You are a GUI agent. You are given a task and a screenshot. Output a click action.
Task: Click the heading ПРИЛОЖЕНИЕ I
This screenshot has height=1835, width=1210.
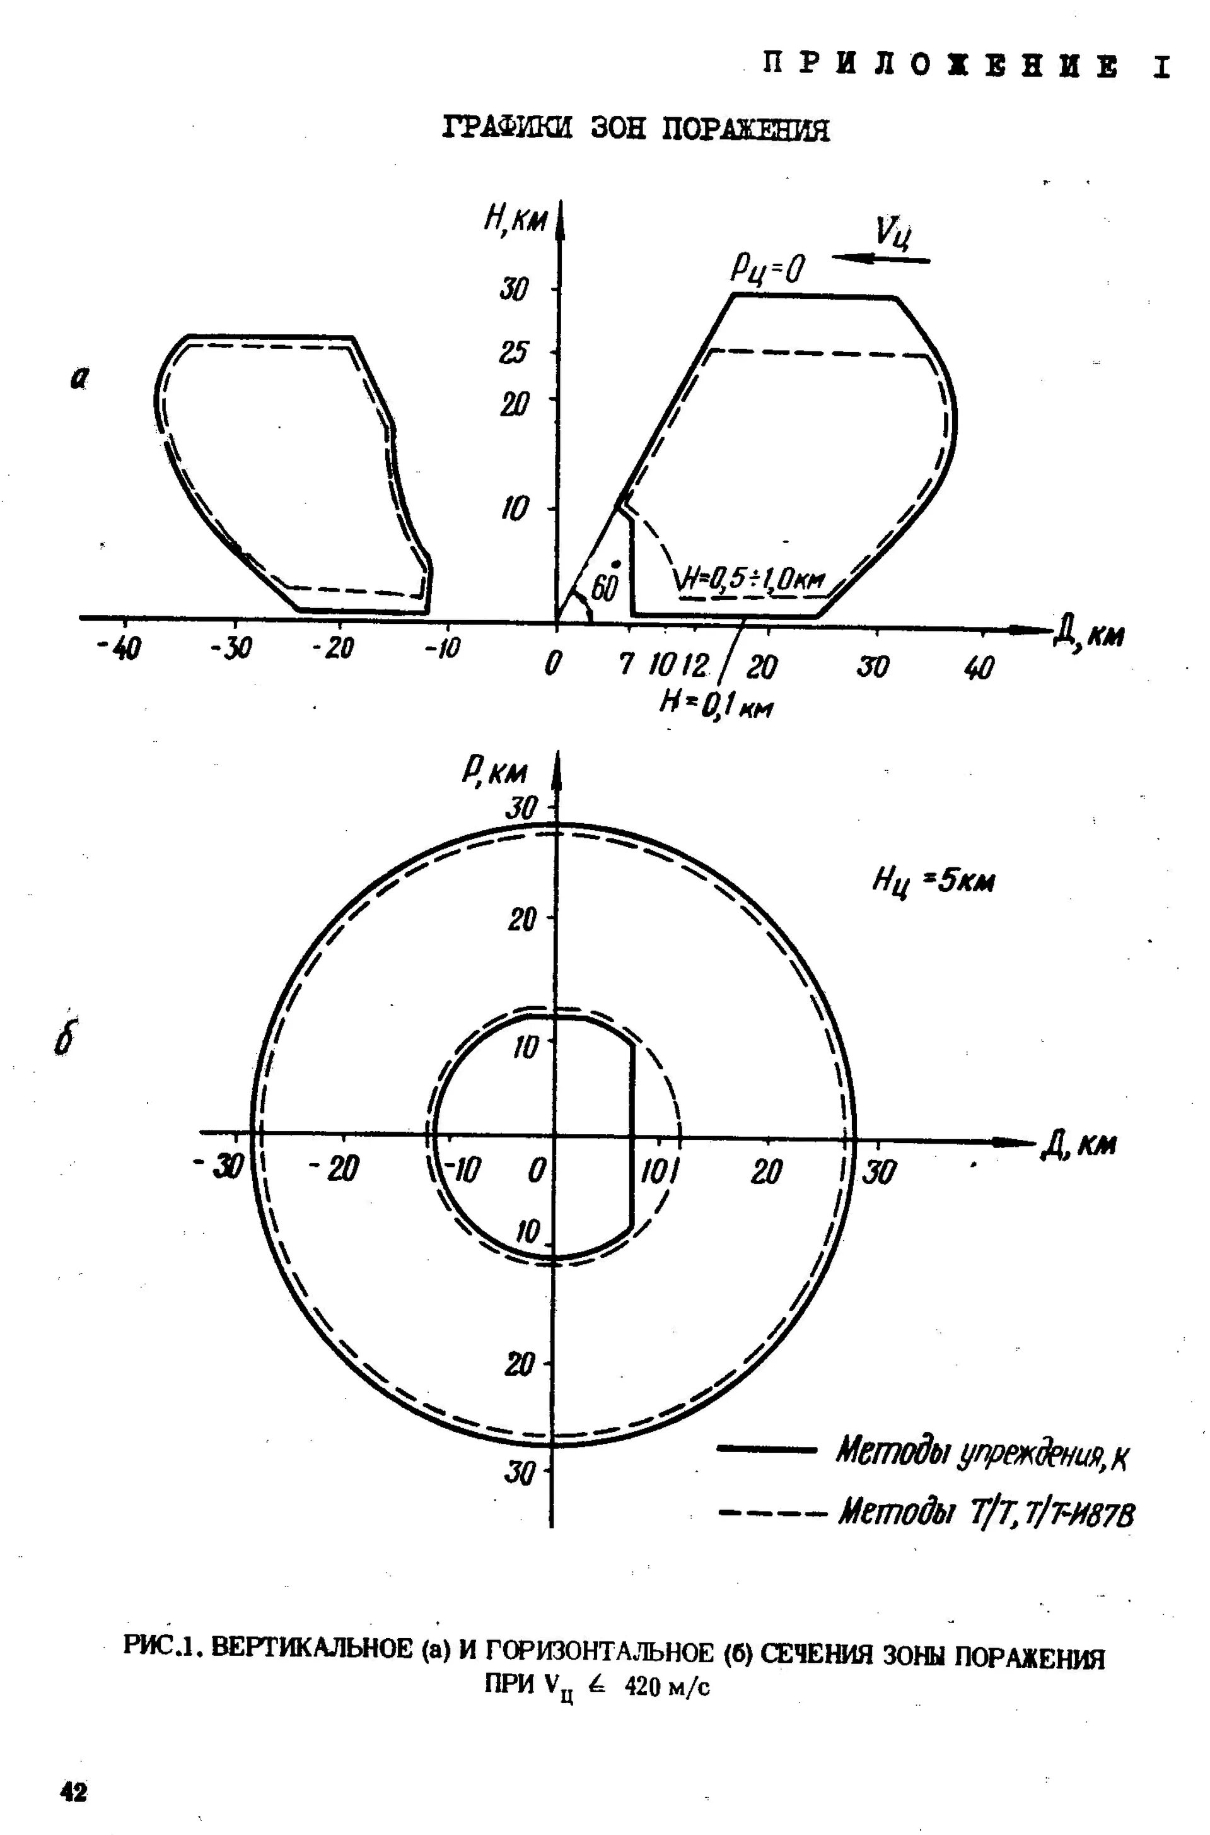tap(965, 65)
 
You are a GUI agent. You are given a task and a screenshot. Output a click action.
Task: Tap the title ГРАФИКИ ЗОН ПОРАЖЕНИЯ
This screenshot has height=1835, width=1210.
tap(637, 128)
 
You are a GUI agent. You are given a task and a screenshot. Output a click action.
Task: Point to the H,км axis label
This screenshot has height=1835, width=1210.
tap(515, 221)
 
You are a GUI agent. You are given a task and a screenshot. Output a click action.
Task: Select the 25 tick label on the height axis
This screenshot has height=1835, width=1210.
tap(514, 352)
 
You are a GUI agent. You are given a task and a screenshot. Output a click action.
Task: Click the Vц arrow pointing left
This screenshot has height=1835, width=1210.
tap(882, 260)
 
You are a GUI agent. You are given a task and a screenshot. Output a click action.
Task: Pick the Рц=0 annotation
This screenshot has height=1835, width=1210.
tap(767, 269)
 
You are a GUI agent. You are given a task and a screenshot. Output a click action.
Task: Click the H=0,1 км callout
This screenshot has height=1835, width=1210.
tap(716, 703)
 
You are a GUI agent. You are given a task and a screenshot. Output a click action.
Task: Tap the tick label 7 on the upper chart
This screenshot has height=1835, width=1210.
tap(627, 663)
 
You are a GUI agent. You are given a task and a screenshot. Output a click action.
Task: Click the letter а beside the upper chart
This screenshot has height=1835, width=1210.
tap(78, 377)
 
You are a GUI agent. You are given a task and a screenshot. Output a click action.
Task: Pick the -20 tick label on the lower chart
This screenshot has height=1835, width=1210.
tap(334, 1170)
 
